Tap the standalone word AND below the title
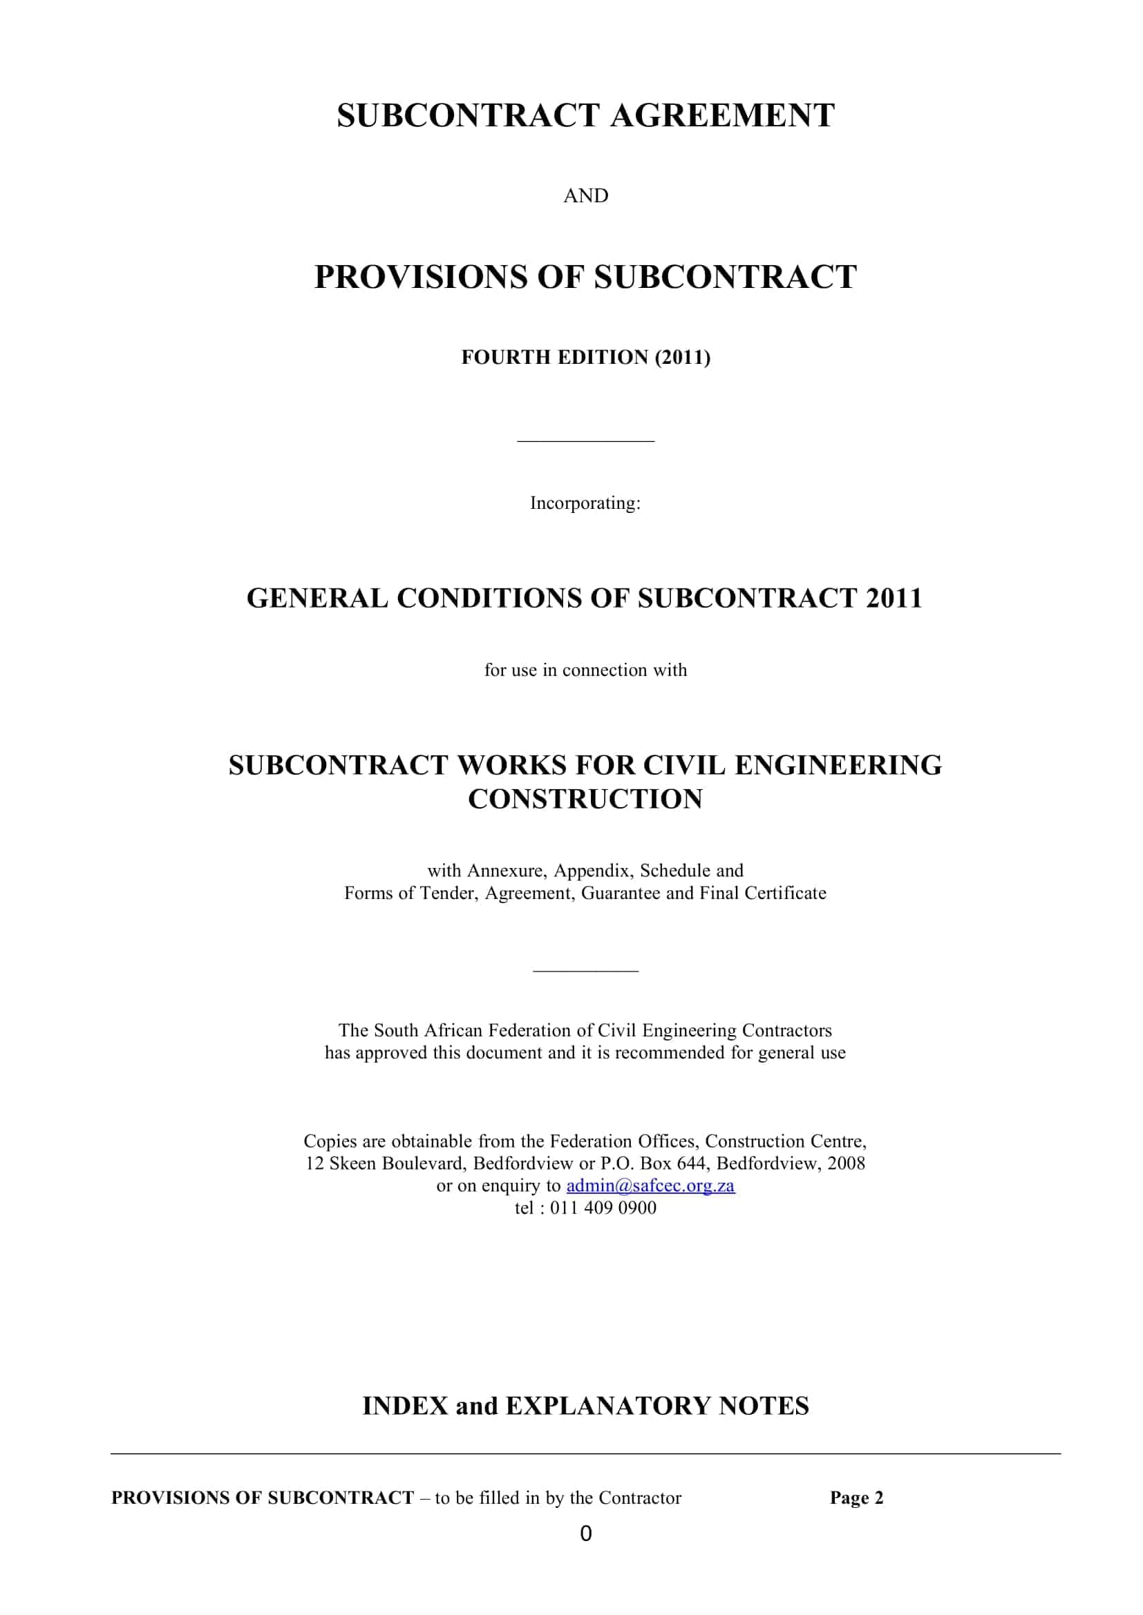tap(585, 195)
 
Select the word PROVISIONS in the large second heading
tap(420, 276)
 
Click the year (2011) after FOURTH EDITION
tap(682, 358)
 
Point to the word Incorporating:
tap(585, 503)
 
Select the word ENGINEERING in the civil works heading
tap(838, 764)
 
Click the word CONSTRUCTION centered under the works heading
tap(585, 798)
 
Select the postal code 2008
tap(846, 1163)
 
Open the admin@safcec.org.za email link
tap(650, 1186)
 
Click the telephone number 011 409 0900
tap(603, 1208)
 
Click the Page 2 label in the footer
tap(856, 1498)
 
